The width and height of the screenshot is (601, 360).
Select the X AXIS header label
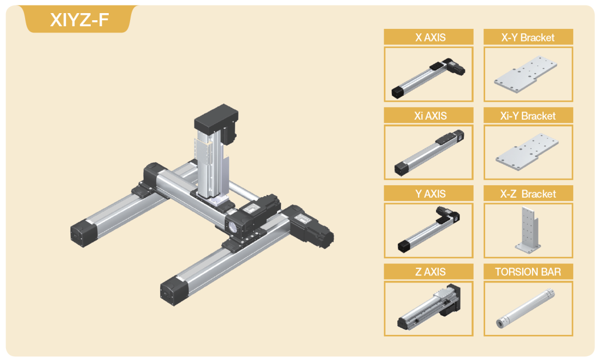[431, 38]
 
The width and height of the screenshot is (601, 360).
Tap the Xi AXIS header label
[431, 116]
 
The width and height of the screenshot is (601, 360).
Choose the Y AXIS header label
[431, 194]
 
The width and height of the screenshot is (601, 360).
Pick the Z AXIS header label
[431, 272]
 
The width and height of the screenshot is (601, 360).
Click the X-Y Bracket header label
[528, 38]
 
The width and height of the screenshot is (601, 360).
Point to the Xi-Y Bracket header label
[528, 116]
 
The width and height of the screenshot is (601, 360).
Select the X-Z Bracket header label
[528, 194]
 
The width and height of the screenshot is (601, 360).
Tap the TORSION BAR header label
[528, 272]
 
